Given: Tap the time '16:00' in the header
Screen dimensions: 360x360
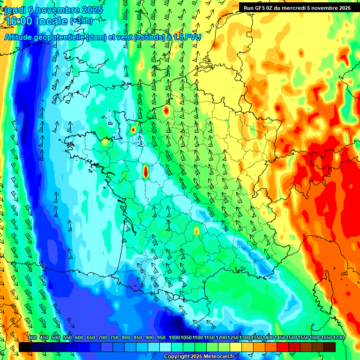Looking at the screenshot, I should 18,22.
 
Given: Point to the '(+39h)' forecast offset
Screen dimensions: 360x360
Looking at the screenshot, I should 81,21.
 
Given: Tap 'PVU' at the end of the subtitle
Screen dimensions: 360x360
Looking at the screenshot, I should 193,37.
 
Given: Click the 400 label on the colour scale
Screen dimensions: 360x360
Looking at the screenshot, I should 32,337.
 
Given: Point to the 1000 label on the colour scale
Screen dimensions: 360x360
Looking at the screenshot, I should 174,337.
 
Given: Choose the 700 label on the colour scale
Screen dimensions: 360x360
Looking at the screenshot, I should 103,337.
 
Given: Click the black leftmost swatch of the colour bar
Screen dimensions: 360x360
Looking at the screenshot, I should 25,347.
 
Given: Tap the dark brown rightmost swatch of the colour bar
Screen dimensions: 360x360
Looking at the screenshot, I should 330,347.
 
